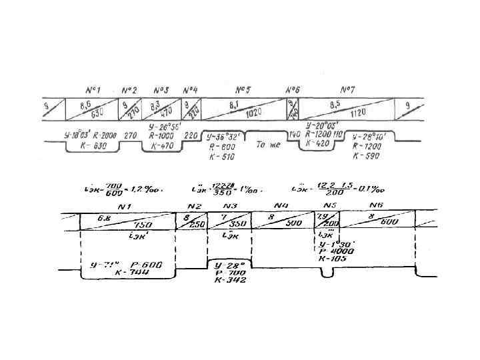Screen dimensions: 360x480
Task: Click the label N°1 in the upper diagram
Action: coord(92,89)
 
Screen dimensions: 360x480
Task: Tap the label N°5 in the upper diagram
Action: coord(243,89)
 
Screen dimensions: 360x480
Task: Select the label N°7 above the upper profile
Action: coord(347,89)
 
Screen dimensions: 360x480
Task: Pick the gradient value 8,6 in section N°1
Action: coord(85,104)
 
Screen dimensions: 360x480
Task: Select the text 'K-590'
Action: coord(365,156)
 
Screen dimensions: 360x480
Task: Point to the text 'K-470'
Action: coord(162,145)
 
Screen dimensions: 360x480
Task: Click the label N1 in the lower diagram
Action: coord(125,207)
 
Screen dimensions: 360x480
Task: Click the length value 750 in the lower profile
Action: coord(141,225)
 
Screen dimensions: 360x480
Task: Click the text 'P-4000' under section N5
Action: coord(337,251)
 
